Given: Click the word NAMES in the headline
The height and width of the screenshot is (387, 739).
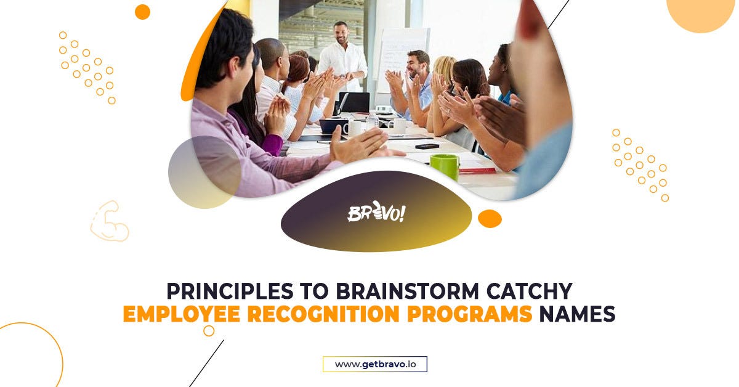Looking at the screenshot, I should pos(577,314).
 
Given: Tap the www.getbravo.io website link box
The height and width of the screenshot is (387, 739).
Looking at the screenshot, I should pos(375,364).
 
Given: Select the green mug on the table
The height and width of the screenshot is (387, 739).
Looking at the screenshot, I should pos(444,166).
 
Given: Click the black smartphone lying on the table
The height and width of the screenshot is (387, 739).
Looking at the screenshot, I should pos(427,146).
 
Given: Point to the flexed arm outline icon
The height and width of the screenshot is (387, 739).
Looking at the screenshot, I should pos(110,221).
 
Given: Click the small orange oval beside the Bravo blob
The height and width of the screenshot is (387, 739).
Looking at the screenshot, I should pos(490,219).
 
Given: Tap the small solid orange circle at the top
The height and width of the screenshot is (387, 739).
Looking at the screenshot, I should pos(142,12).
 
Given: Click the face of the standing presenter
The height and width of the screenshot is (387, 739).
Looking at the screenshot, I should pos(340,32).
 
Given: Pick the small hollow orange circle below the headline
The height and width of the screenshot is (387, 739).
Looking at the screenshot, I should pos(209,331).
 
